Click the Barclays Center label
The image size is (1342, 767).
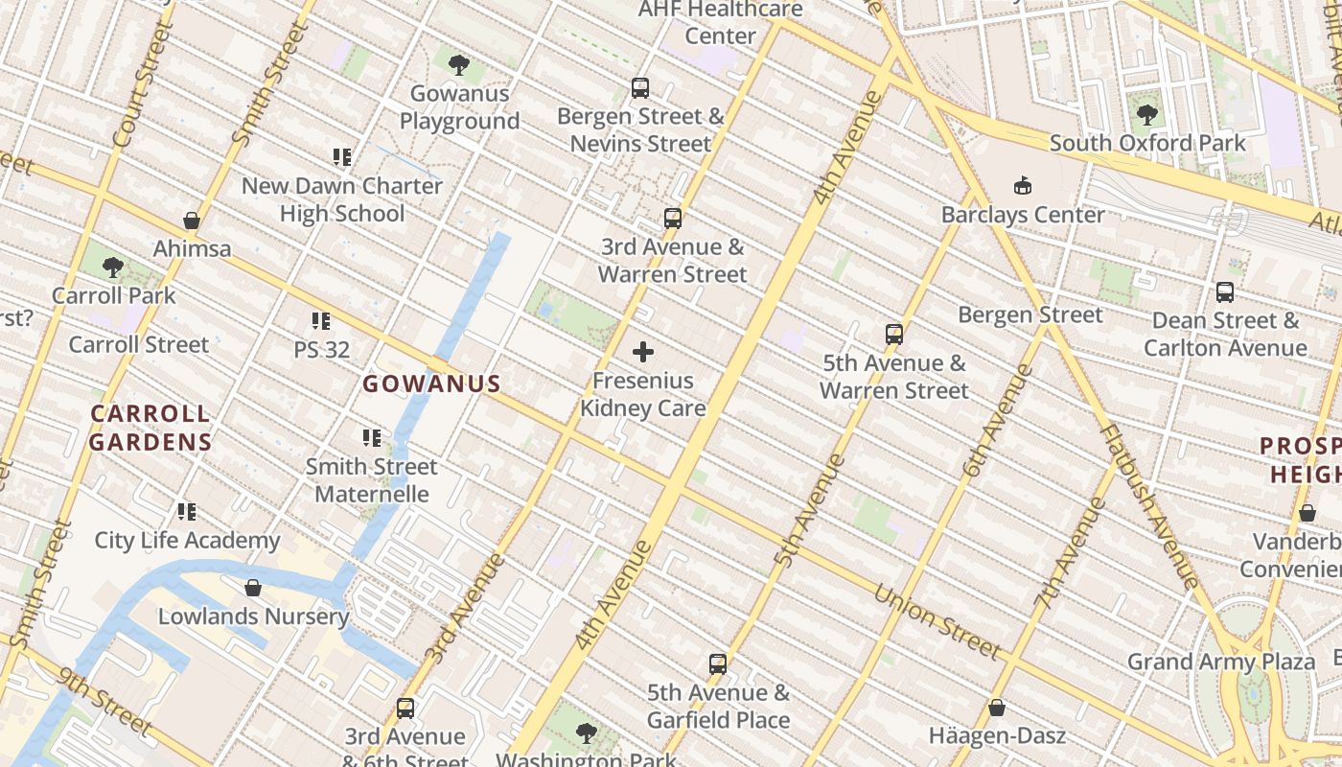point(1023,214)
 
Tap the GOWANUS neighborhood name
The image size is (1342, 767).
point(431,384)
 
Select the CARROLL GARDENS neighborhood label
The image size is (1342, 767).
point(150,428)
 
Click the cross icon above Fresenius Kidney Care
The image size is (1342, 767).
point(643,353)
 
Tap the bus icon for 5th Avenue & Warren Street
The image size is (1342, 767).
point(894,335)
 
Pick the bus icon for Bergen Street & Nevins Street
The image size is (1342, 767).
point(640,88)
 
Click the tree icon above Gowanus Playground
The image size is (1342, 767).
point(459,65)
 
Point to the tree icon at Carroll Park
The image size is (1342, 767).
point(113,267)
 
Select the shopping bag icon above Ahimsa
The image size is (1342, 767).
point(192,221)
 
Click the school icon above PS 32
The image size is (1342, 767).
point(321,321)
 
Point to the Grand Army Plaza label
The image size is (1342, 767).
point(1221,662)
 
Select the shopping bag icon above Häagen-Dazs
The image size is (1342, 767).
point(997,709)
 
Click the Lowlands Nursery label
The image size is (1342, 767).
point(253,616)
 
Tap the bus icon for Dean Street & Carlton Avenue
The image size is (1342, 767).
point(1224,292)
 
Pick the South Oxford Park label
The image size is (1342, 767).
point(1147,143)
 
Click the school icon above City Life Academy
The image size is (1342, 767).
point(187,512)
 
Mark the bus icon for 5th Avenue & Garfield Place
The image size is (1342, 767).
point(718,663)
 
